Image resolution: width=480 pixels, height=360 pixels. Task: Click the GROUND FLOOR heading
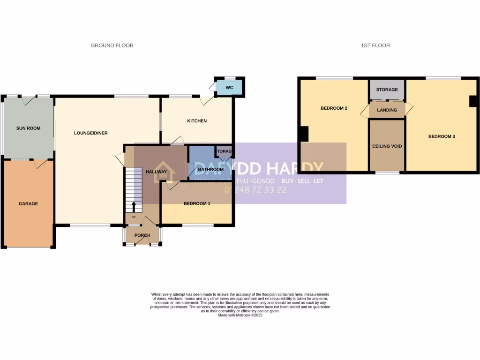point(112,45)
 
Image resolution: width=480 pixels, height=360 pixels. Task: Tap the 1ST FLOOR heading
point(375,45)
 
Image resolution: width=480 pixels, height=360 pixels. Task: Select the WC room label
point(229,88)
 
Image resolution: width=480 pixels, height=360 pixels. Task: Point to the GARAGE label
point(28,203)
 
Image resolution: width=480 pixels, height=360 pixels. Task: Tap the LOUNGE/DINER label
point(90,133)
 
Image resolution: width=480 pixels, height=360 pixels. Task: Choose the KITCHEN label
point(197,121)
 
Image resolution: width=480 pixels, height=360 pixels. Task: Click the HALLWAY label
point(156,172)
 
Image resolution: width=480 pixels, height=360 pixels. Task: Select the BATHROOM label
point(210,169)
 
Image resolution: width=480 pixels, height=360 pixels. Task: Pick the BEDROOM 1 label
point(197,203)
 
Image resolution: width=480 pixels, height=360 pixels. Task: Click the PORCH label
point(142,235)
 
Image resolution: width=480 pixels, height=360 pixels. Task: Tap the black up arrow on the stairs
point(133,207)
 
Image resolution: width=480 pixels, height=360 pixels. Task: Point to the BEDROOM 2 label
point(334,108)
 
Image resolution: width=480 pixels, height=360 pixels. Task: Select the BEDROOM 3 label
point(442,136)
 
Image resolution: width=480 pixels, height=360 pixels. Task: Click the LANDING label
point(387,110)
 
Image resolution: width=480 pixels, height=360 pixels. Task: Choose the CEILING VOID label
point(387,146)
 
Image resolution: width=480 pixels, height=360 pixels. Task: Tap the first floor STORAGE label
point(387,90)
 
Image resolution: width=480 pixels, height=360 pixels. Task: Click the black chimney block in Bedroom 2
point(304,135)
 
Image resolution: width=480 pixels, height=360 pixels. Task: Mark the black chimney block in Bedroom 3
point(473,101)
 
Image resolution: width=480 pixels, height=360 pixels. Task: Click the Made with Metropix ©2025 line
point(240,315)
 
